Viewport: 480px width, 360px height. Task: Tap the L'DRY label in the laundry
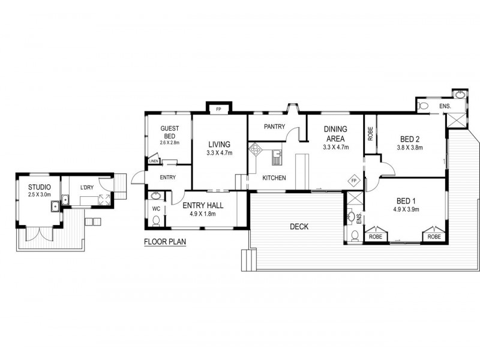(x=88, y=188)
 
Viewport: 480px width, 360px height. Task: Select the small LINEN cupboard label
(x=153, y=161)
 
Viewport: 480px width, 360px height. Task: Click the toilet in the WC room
(x=156, y=221)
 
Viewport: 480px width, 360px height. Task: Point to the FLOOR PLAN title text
(x=165, y=243)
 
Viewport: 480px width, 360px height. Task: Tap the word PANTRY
(x=274, y=127)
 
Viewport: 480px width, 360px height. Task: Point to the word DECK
(x=299, y=226)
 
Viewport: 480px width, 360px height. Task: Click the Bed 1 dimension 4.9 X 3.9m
(x=407, y=209)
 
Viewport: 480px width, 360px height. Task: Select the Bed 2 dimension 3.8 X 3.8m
(x=410, y=148)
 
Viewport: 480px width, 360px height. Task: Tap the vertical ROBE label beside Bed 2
(x=371, y=133)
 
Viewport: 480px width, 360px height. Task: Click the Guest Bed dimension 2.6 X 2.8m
(x=170, y=143)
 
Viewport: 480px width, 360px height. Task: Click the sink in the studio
(x=55, y=207)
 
